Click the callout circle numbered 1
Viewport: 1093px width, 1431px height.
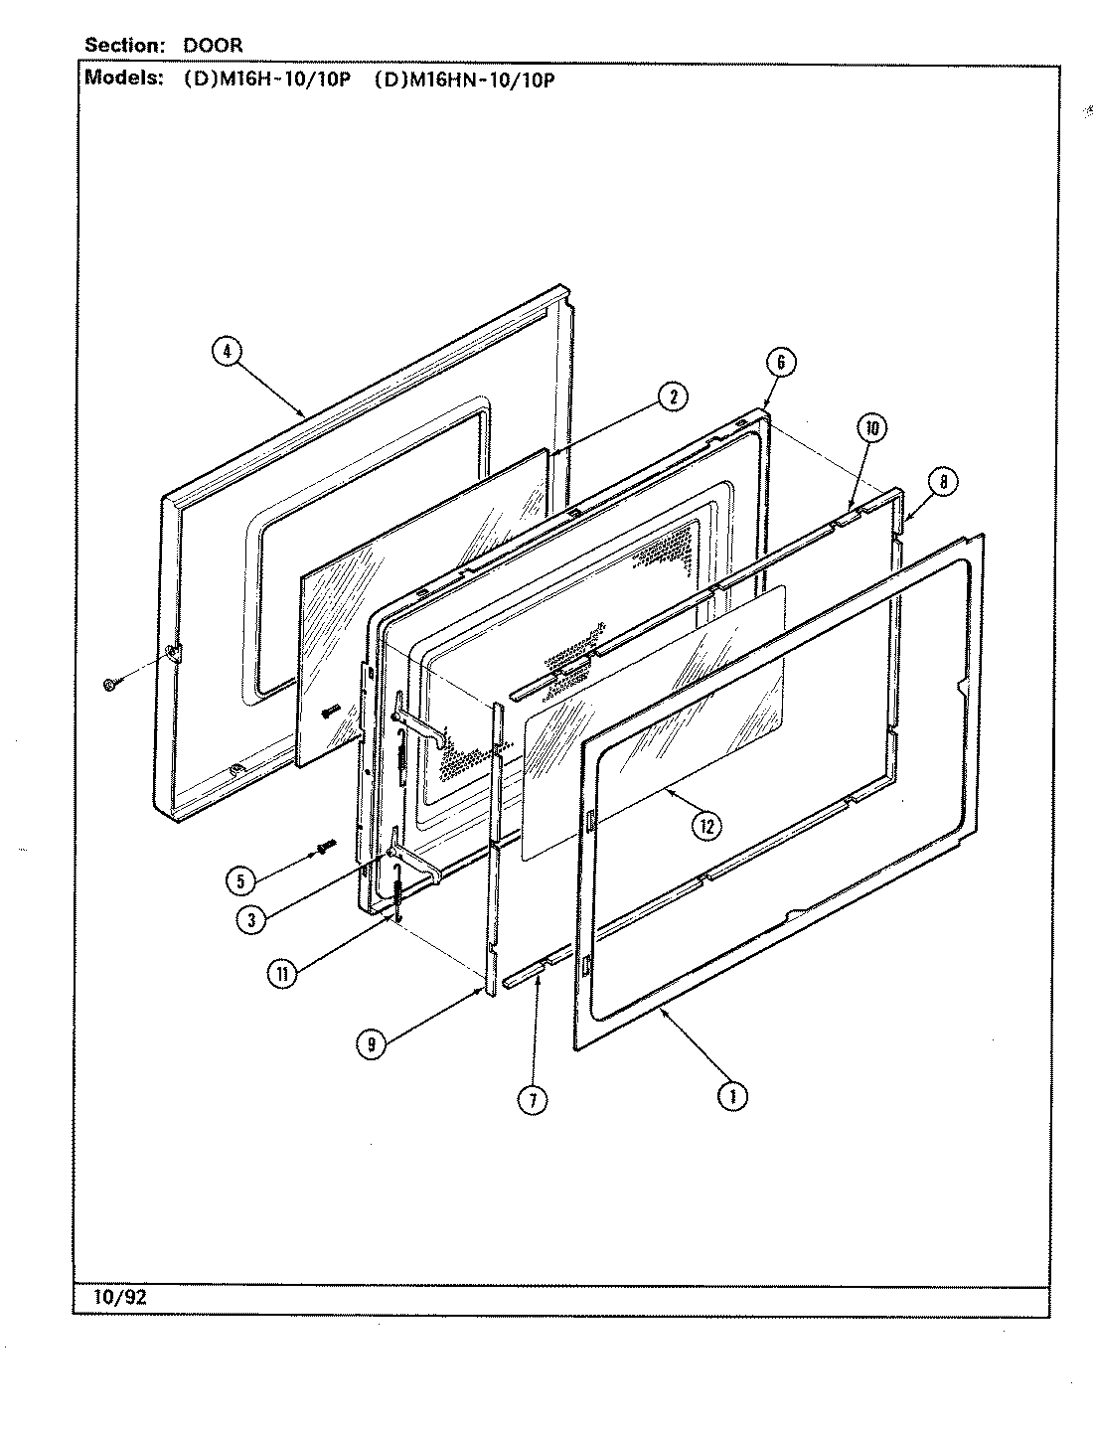(x=732, y=1095)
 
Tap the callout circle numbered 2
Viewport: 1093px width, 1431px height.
(x=672, y=397)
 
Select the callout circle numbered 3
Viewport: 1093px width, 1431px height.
(x=252, y=919)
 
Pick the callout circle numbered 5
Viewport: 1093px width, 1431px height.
(x=238, y=879)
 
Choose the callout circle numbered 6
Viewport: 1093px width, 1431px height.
(x=781, y=363)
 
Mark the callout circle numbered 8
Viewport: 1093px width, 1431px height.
(x=943, y=482)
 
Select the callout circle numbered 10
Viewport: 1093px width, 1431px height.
(x=871, y=429)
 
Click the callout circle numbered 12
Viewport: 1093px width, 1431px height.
(x=706, y=825)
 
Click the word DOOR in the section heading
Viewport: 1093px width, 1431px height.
(x=212, y=46)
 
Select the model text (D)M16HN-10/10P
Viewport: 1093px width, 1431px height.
(x=463, y=80)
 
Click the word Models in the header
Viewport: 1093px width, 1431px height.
(x=122, y=79)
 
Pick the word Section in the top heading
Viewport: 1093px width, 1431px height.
(x=123, y=46)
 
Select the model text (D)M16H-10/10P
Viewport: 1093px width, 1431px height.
(x=266, y=80)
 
